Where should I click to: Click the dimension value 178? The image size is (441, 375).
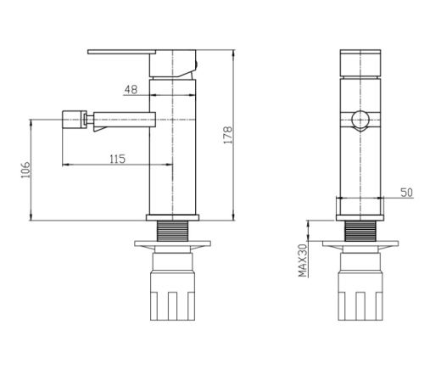click(x=228, y=135)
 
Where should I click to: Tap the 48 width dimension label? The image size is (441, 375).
click(x=131, y=89)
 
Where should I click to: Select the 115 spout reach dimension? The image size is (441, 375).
click(x=117, y=159)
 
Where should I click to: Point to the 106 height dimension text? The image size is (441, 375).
click(x=25, y=170)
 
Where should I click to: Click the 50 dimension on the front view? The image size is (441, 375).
click(x=407, y=193)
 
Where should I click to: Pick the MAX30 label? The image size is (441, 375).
click(x=303, y=260)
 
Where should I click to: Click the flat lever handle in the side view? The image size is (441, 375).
click(x=121, y=52)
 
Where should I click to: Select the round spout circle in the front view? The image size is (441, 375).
click(x=360, y=120)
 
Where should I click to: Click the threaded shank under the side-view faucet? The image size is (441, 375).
click(x=172, y=231)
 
